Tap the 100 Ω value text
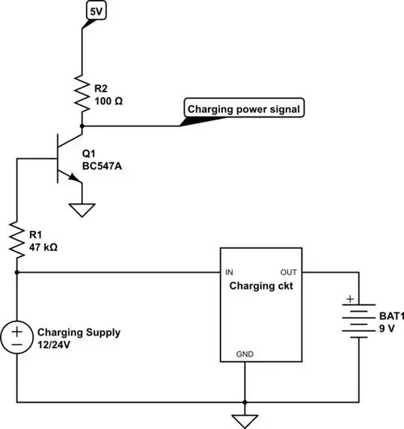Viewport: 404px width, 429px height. coord(109,99)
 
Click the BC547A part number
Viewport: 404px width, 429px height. coord(102,166)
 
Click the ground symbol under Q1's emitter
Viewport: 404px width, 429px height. coord(81,210)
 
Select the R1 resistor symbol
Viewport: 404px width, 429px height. coord(17,238)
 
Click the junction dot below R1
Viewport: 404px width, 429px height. coord(17,273)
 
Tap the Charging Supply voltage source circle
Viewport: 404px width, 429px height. coord(17,338)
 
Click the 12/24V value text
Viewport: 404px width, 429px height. coord(58,345)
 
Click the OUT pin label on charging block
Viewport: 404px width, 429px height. coord(290,273)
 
